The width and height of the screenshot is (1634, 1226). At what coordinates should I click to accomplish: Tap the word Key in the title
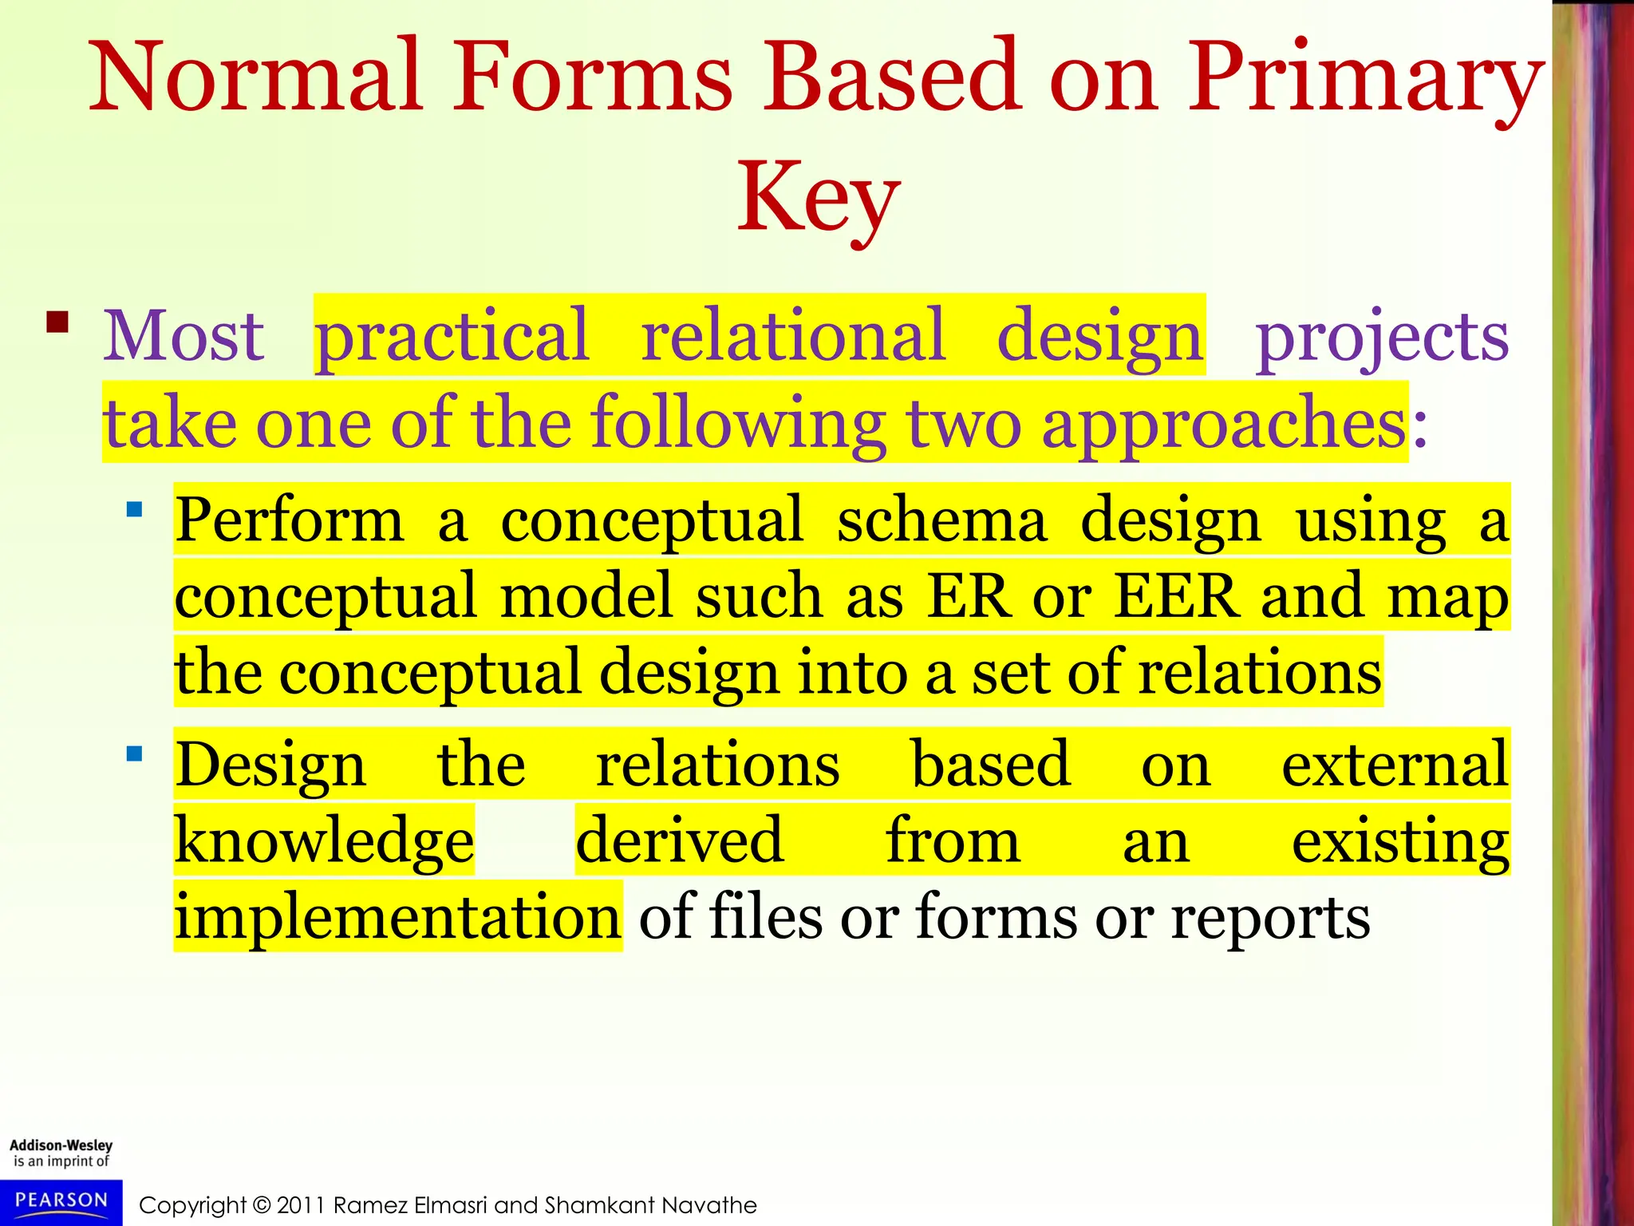pyautogui.click(x=818, y=198)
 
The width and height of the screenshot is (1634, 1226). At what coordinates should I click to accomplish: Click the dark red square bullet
pyautogui.click(x=57, y=322)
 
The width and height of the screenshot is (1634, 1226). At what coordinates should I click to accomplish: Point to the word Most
pyautogui.click(x=184, y=337)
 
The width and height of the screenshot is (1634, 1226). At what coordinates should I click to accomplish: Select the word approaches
pyautogui.click(x=1224, y=423)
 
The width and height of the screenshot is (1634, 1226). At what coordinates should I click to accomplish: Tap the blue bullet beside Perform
pyautogui.click(x=135, y=509)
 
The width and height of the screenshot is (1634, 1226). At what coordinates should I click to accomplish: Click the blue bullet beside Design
pyautogui.click(x=135, y=753)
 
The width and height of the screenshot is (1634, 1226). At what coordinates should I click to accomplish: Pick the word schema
pyautogui.click(x=941, y=520)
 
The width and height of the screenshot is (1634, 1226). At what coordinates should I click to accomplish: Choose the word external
pyautogui.click(x=1395, y=765)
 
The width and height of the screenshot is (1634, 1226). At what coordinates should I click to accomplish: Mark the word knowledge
pyautogui.click(x=324, y=841)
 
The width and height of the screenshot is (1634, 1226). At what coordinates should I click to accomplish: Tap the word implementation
pyautogui.click(x=397, y=917)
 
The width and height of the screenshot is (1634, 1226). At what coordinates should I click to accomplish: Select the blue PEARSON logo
pyautogui.click(x=61, y=1200)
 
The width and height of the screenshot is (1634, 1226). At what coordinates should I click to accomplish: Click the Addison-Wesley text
pyautogui.click(x=61, y=1145)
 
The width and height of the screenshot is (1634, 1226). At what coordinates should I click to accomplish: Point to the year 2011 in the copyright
pyautogui.click(x=301, y=1205)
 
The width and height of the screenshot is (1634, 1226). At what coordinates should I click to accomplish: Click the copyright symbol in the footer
pyautogui.click(x=262, y=1205)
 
